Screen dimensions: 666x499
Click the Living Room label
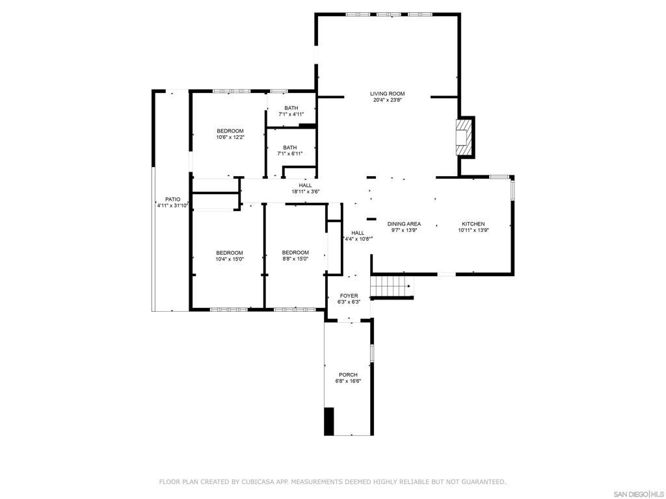pyautogui.click(x=388, y=94)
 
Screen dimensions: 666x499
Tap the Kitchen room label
pyautogui.click(x=473, y=224)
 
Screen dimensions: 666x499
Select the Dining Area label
pyautogui.click(x=404, y=224)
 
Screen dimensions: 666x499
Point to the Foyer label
pyautogui.click(x=349, y=296)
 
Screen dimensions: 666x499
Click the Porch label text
pyautogui.click(x=349, y=375)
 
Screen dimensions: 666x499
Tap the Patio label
pyautogui.click(x=172, y=199)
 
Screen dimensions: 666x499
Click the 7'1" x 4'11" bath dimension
pyautogui.click(x=291, y=114)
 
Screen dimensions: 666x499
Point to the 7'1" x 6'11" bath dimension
pyautogui.click(x=290, y=153)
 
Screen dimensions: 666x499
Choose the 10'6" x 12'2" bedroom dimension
pyautogui.click(x=230, y=137)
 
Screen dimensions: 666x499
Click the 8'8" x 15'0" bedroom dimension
pyautogui.click(x=295, y=259)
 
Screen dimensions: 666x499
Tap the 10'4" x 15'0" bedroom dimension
pyautogui.click(x=230, y=259)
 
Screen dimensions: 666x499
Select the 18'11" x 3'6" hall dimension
pyautogui.click(x=305, y=192)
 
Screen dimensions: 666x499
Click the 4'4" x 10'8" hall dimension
pyautogui.click(x=358, y=239)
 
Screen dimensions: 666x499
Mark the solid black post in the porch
pyautogui.click(x=329, y=421)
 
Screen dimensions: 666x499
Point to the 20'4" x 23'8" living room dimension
pyautogui.click(x=388, y=100)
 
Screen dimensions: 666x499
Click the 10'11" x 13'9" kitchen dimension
pyautogui.click(x=473, y=231)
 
